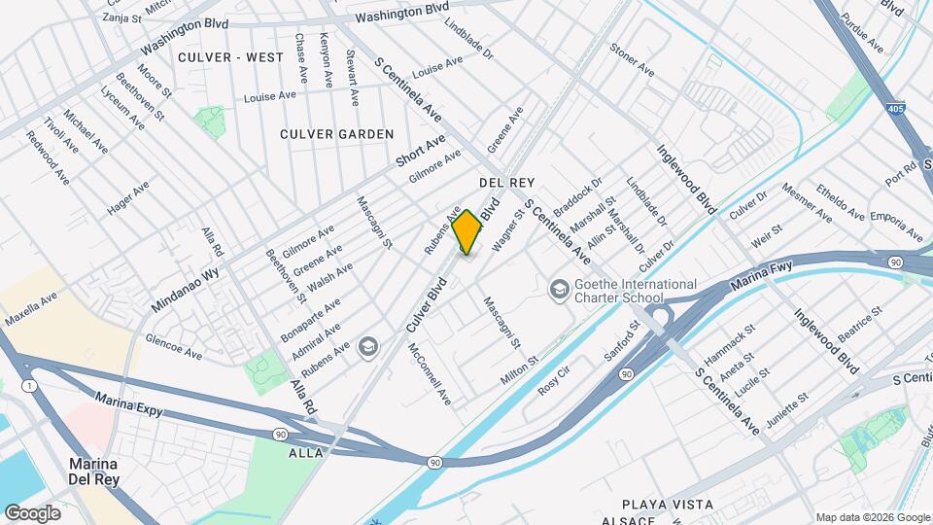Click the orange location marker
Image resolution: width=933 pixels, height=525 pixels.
click(x=467, y=232)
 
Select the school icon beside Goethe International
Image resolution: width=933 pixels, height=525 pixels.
click(x=559, y=289)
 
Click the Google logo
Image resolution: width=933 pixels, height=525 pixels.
click(x=32, y=513)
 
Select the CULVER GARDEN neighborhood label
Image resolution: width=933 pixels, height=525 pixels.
click(x=336, y=133)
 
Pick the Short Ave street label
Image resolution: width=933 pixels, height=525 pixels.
click(x=420, y=151)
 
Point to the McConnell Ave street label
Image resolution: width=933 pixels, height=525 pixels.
click(x=430, y=372)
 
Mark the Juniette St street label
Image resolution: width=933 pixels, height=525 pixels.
click(x=788, y=411)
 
